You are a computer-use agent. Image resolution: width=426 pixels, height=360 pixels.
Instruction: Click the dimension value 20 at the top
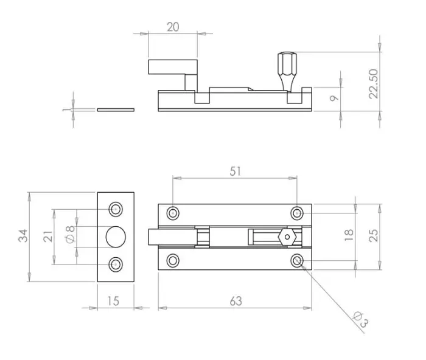click(x=173, y=27)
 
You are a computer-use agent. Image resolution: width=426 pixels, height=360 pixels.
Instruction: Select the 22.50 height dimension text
click(x=372, y=83)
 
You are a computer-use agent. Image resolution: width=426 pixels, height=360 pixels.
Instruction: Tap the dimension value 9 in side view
click(x=333, y=99)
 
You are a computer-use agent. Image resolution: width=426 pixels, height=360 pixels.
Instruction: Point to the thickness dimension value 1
click(x=66, y=110)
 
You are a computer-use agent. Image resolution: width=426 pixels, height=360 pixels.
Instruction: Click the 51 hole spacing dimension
click(x=236, y=171)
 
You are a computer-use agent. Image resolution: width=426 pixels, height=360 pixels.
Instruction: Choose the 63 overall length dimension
click(x=236, y=300)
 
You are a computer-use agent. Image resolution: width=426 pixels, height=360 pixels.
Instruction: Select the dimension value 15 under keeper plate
click(x=113, y=300)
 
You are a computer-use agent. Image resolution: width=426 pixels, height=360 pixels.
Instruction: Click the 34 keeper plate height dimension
click(x=23, y=237)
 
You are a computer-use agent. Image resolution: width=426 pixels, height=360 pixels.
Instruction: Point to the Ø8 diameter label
click(x=70, y=236)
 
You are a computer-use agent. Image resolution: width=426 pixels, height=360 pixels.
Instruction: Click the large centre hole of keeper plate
click(x=115, y=237)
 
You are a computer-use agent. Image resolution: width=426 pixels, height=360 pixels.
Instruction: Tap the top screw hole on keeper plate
click(x=115, y=209)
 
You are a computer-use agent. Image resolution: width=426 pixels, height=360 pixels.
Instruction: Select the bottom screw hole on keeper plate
click(x=115, y=264)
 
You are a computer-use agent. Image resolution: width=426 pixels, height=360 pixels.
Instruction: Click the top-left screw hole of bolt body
click(x=173, y=213)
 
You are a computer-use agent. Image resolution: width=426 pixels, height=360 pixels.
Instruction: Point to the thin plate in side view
click(x=116, y=110)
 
